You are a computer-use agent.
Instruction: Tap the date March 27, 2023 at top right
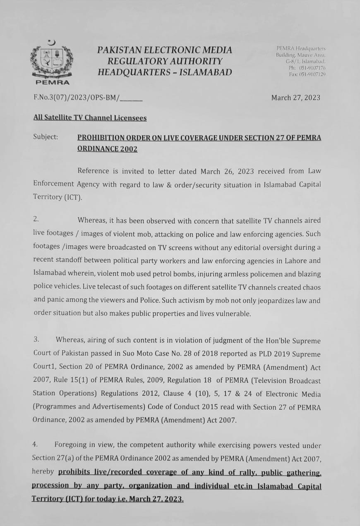295,98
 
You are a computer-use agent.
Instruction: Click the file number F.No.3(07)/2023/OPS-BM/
77,98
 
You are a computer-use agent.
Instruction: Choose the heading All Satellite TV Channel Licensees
90,118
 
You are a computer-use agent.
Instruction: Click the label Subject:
46,137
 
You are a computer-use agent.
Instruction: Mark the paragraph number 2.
36,220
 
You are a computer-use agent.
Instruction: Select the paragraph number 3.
36,340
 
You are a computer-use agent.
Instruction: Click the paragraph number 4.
36,445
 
